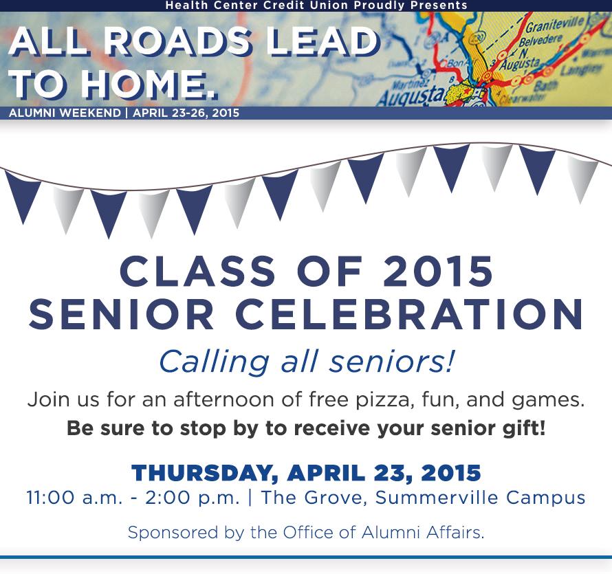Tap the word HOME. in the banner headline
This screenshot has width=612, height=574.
click(x=149, y=85)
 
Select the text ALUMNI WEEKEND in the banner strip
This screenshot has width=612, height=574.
click(x=65, y=113)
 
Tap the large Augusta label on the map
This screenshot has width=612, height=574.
click(x=411, y=94)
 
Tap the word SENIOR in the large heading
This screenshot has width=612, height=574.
click(x=122, y=314)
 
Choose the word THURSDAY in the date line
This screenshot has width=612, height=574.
click(x=204, y=473)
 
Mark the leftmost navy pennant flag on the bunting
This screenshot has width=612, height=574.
click(x=23, y=195)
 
